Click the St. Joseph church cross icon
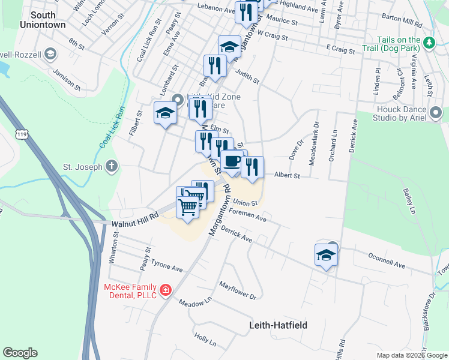coord(112,167)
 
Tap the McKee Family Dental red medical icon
coord(166,290)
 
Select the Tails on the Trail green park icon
coord(429,43)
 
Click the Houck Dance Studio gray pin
coord(436,113)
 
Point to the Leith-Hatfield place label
coord(278,325)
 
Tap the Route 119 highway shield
coord(22,135)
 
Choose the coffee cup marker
coord(232,161)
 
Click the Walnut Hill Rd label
coord(131,222)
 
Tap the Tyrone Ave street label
coord(166,265)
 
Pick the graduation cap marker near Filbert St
coord(165,113)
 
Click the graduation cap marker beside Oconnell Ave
coord(326,255)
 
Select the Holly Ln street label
coord(205,339)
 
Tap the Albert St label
coord(286,175)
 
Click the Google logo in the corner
coord(20,353)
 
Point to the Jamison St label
coord(67,78)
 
